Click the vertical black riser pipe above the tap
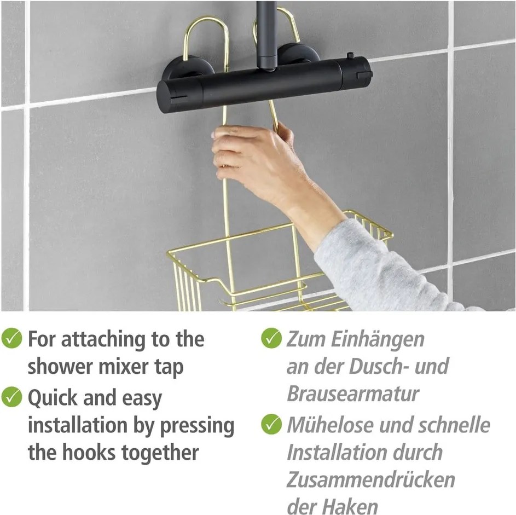point(269,30)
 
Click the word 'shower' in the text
point(61,367)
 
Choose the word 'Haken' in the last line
point(350,506)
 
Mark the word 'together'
point(171,454)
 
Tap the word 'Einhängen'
point(379,339)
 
